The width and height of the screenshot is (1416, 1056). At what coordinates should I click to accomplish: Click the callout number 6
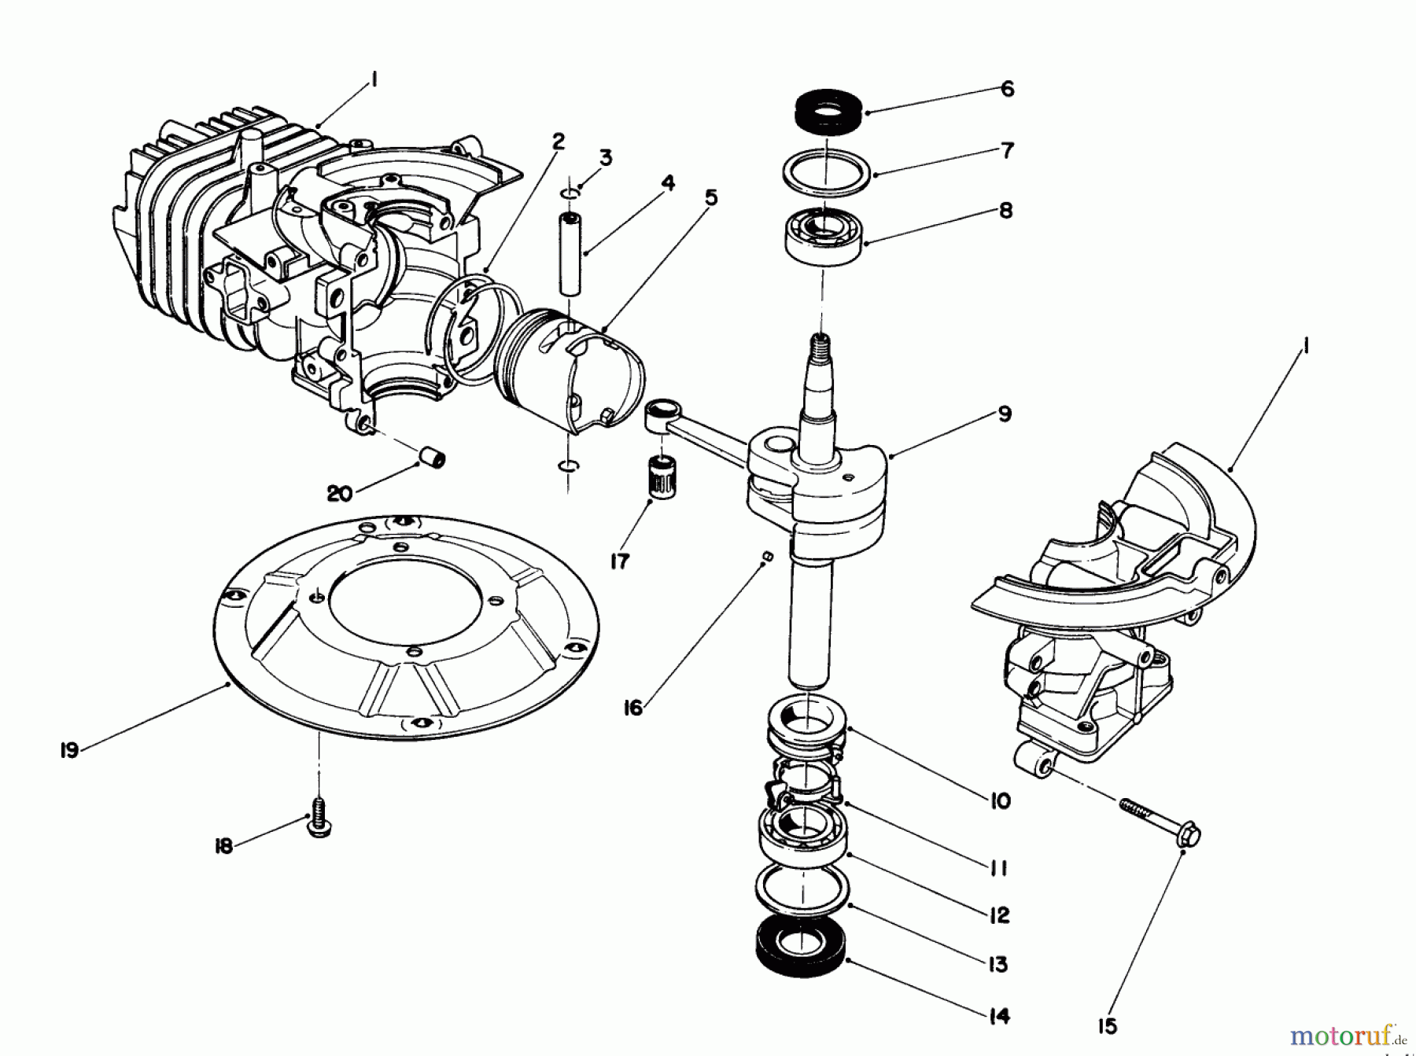(x=1008, y=89)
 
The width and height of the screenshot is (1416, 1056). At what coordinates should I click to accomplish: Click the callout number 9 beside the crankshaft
(x=1005, y=414)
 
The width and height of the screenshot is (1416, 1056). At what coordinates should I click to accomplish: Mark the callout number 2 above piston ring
(x=558, y=142)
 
